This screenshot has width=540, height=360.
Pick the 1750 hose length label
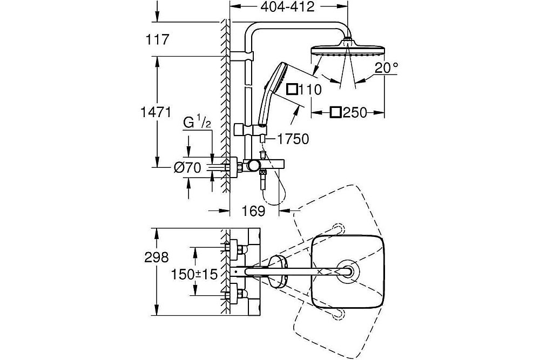coord(293,139)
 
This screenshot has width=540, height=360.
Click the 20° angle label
coord(387,69)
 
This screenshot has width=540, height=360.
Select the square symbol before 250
coord(336,112)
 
